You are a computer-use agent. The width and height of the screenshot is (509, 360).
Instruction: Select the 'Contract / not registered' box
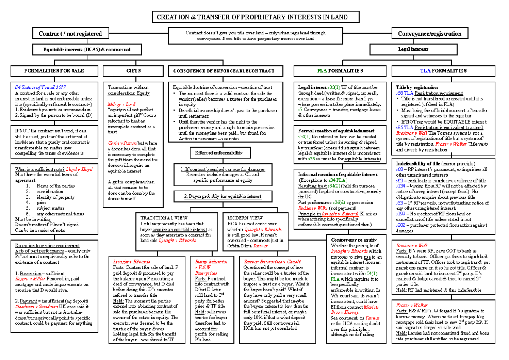70,34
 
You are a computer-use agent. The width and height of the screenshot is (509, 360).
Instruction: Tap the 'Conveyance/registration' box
429,34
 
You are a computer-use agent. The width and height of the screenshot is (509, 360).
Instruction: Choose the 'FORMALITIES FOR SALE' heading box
53,70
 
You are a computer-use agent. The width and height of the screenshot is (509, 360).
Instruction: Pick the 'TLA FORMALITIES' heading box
443,70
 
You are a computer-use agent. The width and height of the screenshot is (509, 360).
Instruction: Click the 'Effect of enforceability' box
216,152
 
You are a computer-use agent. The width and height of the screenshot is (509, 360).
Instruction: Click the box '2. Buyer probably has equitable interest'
216,197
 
